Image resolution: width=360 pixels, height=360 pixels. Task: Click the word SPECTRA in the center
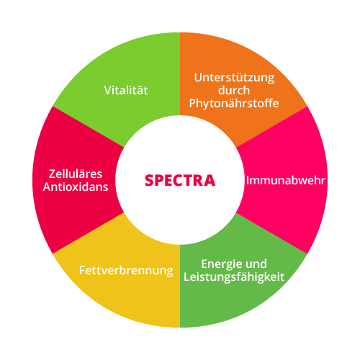[x=180, y=180]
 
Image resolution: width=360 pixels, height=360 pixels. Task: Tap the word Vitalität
[x=126, y=91]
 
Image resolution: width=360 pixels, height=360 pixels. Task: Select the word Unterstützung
[x=234, y=78]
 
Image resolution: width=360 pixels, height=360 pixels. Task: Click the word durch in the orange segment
[x=234, y=91]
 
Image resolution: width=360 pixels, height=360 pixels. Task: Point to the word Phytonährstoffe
[x=234, y=104]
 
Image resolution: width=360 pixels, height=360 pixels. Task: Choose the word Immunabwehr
[x=286, y=181]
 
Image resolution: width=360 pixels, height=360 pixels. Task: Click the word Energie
[x=221, y=265]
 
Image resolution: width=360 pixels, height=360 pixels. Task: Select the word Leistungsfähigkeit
[x=234, y=277]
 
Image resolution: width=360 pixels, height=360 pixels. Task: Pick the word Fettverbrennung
[x=126, y=271]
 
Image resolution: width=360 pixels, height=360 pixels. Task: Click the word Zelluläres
[x=76, y=174]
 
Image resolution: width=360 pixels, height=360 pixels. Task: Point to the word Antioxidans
[x=76, y=186]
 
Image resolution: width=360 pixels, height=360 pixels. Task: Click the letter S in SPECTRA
[x=149, y=180]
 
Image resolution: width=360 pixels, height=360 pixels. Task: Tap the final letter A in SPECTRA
[x=210, y=181]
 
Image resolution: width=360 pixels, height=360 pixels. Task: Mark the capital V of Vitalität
[x=108, y=91]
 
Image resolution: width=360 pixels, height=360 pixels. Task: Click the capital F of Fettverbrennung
[x=83, y=271]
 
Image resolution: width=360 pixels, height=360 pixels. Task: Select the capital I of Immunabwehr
[x=248, y=181]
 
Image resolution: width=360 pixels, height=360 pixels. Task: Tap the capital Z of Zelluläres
[x=53, y=174]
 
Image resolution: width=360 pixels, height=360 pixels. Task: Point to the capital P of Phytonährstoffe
[x=193, y=104]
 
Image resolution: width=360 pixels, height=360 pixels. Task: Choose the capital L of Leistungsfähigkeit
[x=187, y=276]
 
